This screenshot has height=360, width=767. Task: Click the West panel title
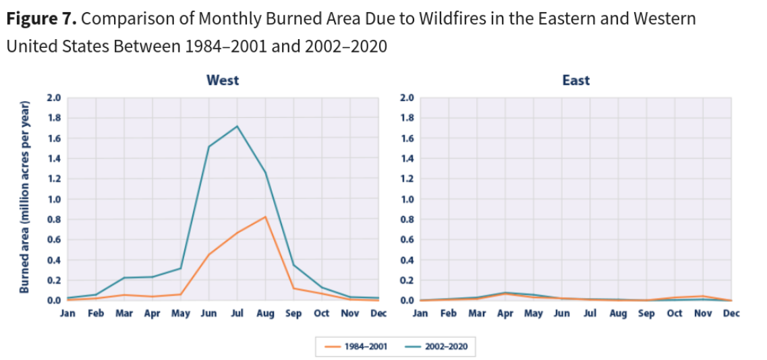pyautogui.click(x=223, y=80)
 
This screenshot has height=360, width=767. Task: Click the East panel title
pyautogui.click(x=575, y=80)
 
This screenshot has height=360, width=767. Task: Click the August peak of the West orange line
pyautogui.click(x=266, y=216)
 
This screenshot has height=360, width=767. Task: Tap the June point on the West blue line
pyautogui.click(x=209, y=146)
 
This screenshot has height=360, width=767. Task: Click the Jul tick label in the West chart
pyautogui.click(x=237, y=314)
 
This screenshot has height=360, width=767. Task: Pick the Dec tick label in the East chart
pyautogui.click(x=731, y=314)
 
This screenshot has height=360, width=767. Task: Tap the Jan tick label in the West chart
pyautogui.click(x=67, y=314)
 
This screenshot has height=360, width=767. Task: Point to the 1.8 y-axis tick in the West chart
pyautogui.click(x=54, y=118)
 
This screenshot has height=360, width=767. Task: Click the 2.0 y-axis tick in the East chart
pyautogui.click(x=407, y=98)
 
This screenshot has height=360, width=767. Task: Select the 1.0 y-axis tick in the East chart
pyautogui.click(x=407, y=200)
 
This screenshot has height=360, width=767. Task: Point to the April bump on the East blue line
pyautogui.click(x=505, y=293)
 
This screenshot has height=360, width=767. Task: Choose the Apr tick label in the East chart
pyautogui.click(x=505, y=314)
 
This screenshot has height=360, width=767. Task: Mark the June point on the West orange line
pyautogui.click(x=209, y=254)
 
